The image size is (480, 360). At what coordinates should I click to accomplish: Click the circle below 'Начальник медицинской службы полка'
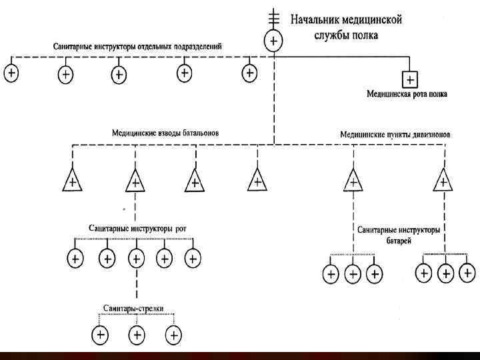(274, 41)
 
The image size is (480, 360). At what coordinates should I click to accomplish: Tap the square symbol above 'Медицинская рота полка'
(410, 80)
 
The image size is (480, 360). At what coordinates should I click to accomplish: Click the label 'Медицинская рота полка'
(407, 95)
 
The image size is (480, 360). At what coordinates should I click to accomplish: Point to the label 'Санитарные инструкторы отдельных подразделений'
(138, 47)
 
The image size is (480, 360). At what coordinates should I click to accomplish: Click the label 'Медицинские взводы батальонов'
(165, 133)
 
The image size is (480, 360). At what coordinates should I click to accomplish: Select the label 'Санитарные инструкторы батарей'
(398, 234)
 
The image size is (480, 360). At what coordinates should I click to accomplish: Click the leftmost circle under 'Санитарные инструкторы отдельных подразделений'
(11, 73)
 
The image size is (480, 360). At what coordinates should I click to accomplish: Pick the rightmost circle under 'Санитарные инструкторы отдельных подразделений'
(249, 72)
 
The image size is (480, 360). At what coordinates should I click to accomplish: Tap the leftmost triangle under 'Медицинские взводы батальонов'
(72, 181)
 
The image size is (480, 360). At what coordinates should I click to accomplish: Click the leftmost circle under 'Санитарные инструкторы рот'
(75, 257)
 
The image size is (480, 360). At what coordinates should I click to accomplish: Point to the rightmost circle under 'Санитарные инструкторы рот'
(192, 257)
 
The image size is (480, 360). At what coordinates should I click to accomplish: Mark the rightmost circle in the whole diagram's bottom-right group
(468, 272)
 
